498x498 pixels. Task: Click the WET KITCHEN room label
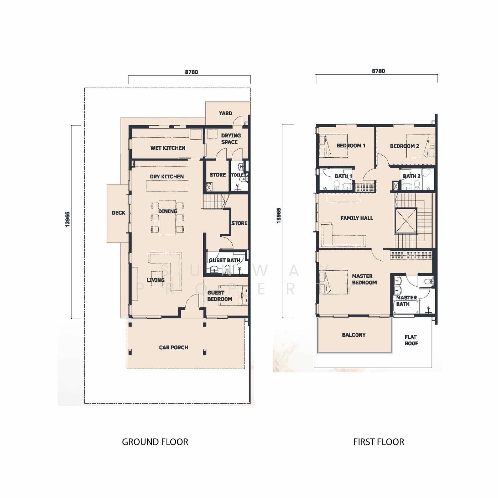pyautogui.click(x=168, y=148)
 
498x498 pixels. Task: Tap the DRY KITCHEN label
pyautogui.click(x=167, y=177)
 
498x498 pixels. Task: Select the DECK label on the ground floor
pyautogui.click(x=119, y=213)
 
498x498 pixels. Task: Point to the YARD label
pyautogui.click(x=225, y=113)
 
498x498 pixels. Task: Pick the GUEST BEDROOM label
pyautogui.click(x=219, y=296)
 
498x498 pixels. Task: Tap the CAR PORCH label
pyautogui.click(x=173, y=348)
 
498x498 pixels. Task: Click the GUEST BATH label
pyautogui.click(x=224, y=260)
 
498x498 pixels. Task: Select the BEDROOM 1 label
pyautogui.click(x=351, y=145)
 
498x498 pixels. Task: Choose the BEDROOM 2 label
pyautogui.click(x=404, y=146)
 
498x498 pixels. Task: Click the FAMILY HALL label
pyautogui.click(x=357, y=218)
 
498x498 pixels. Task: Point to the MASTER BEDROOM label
pyautogui.click(x=364, y=279)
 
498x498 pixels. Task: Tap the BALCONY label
pyautogui.click(x=354, y=335)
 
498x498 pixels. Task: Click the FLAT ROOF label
pyautogui.click(x=411, y=340)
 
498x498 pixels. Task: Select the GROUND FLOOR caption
pyautogui.click(x=155, y=442)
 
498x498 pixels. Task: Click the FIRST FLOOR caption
pyautogui.click(x=378, y=442)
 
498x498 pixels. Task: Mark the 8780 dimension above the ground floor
pyautogui.click(x=192, y=72)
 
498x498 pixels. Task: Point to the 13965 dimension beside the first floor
pyautogui.click(x=279, y=215)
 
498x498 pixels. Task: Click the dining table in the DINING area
pyautogui.click(x=167, y=217)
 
